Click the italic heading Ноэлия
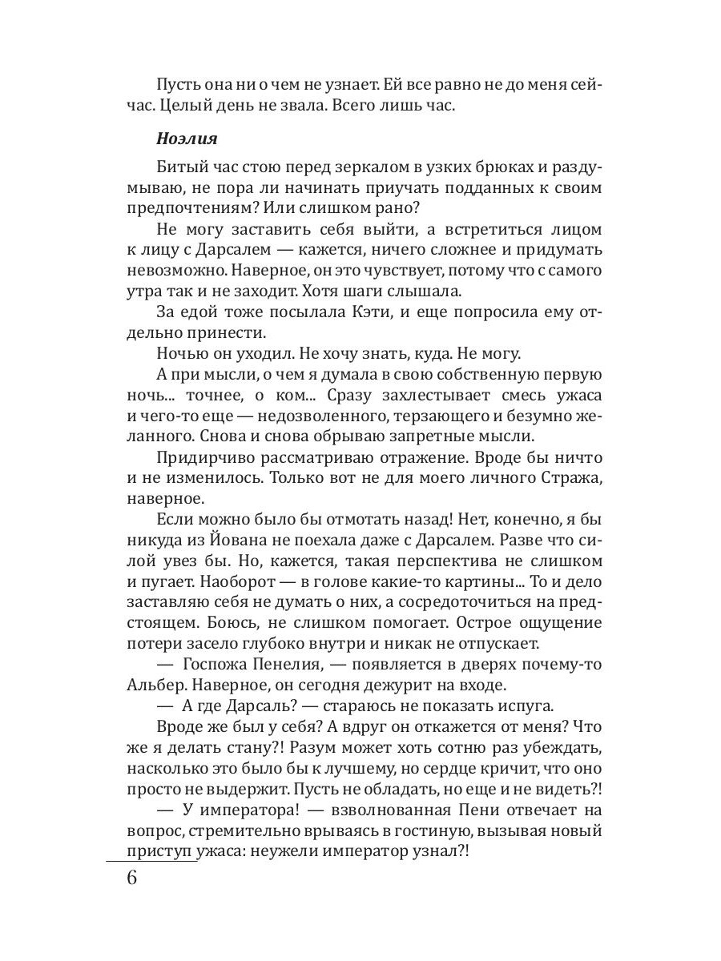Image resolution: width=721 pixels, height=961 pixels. click(x=186, y=138)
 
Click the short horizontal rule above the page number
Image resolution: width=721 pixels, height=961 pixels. click(x=151, y=862)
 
